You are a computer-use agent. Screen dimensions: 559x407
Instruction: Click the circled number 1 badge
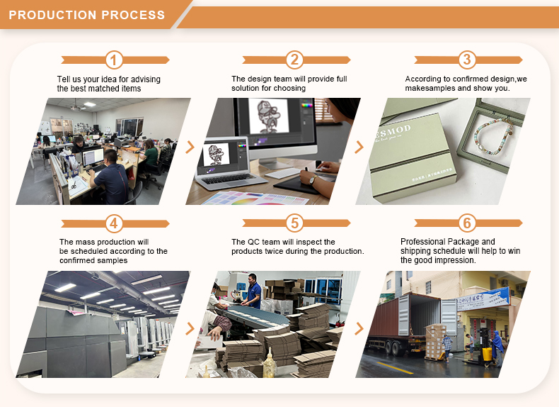[x=114, y=60]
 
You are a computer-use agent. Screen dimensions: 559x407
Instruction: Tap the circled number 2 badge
[x=295, y=60]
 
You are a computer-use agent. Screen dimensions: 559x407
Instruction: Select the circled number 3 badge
[x=467, y=60]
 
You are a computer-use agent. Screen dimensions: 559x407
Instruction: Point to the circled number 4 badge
[x=114, y=223]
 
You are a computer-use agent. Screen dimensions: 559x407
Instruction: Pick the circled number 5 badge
[x=295, y=223]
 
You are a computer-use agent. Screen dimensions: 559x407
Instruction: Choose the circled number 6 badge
[x=467, y=223]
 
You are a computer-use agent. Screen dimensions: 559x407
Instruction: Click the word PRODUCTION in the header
[x=53, y=15]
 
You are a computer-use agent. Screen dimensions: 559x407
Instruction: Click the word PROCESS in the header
[x=133, y=15]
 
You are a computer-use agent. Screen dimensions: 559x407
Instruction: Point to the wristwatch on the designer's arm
[x=313, y=179]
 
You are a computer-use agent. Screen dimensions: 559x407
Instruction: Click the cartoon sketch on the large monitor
[x=268, y=117]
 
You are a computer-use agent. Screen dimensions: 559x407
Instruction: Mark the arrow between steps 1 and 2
[x=190, y=147]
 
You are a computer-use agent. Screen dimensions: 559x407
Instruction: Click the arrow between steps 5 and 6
[x=359, y=329]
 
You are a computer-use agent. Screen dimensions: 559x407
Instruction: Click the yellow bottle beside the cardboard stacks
[x=269, y=364]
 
